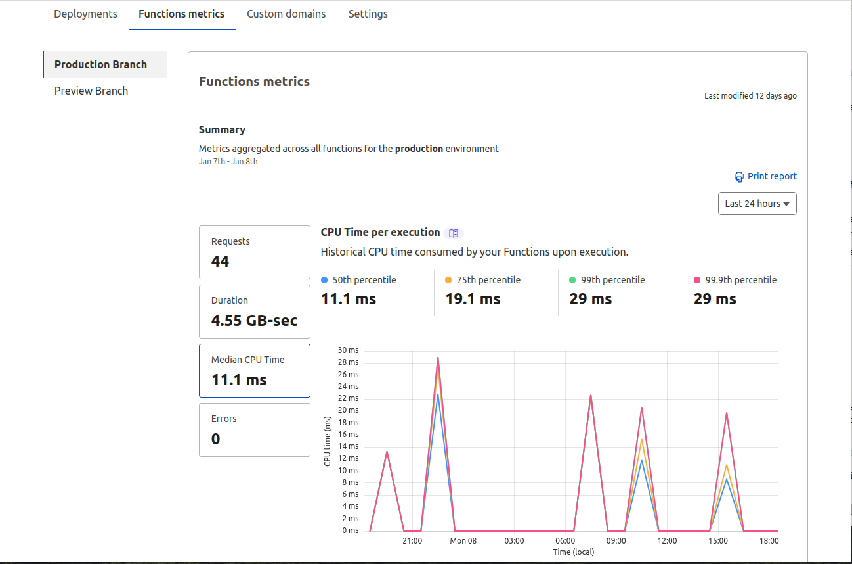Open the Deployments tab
click(85, 14)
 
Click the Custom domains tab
click(286, 14)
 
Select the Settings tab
click(368, 14)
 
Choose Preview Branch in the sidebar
click(91, 91)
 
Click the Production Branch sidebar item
click(100, 64)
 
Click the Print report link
click(765, 176)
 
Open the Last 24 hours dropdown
click(757, 204)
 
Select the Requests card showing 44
click(254, 252)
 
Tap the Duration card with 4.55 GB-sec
click(254, 312)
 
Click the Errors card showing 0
click(254, 430)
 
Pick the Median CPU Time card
click(254, 371)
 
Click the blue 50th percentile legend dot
click(324, 280)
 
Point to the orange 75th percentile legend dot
click(448, 280)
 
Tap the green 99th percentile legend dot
click(572, 280)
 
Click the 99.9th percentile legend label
click(740, 280)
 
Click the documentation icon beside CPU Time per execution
click(454, 233)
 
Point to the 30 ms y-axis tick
click(348, 350)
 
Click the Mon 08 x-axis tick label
click(463, 541)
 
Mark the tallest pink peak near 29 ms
click(438, 358)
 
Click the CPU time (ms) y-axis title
click(328, 441)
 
